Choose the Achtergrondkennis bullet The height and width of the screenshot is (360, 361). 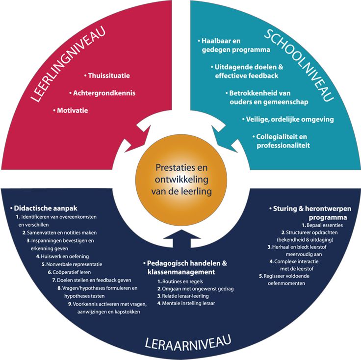[103, 93]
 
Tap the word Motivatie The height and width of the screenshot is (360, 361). [72, 110]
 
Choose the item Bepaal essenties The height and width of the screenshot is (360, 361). [313, 225]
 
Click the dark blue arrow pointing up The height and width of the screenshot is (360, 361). [180, 239]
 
